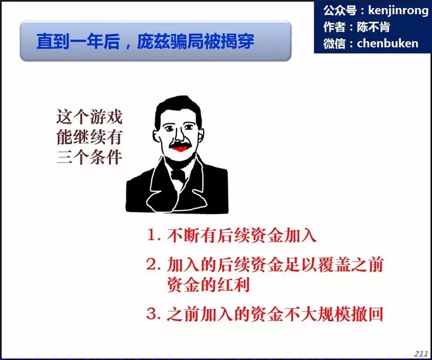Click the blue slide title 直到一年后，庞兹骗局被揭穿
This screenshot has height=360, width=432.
point(145,42)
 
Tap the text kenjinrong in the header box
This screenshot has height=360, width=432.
point(398,10)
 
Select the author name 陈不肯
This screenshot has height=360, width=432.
point(373,27)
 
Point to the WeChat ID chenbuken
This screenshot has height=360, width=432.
point(388,43)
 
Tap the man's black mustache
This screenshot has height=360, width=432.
point(180,145)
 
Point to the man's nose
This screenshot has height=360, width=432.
point(179,135)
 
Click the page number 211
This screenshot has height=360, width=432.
point(421,354)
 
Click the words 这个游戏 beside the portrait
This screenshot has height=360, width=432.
point(89,117)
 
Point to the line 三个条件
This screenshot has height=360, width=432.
point(89,157)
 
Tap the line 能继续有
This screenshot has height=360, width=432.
point(89,137)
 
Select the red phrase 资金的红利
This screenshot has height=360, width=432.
point(208,284)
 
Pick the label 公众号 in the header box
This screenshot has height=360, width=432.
point(340,10)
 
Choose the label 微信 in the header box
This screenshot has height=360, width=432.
point(334,43)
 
